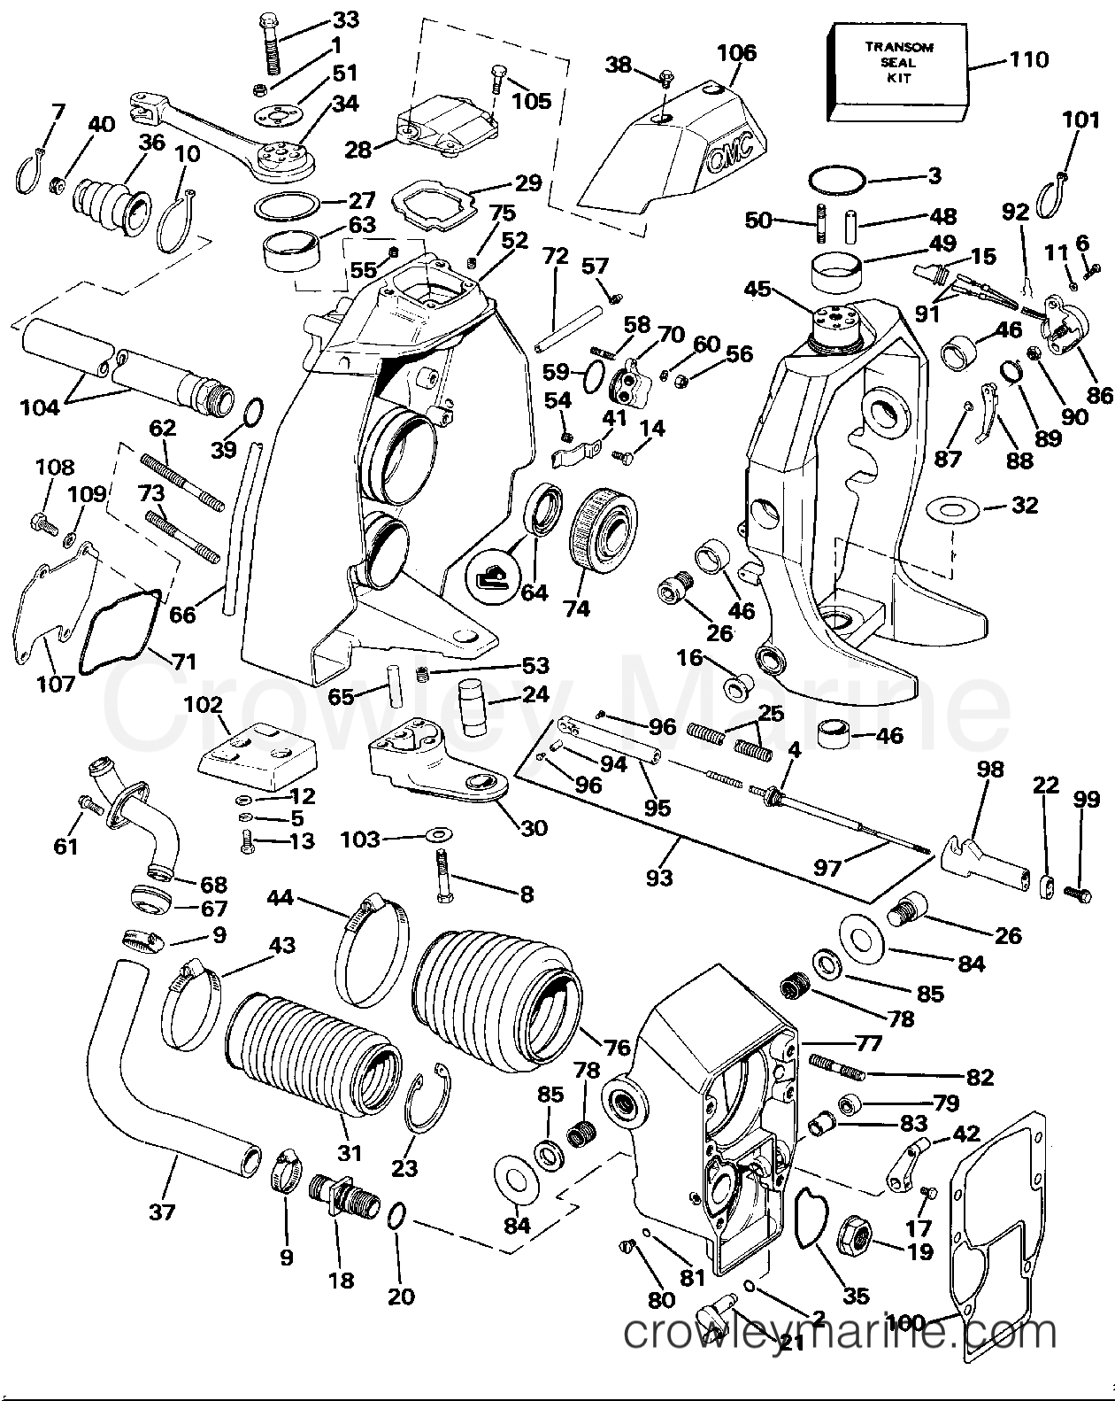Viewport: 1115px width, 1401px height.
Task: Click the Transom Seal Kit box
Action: (894, 71)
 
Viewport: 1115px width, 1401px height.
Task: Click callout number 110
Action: (1027, 59)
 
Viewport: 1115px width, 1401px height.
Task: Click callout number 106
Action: (737, 53)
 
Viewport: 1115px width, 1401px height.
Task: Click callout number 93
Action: (658, 877)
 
